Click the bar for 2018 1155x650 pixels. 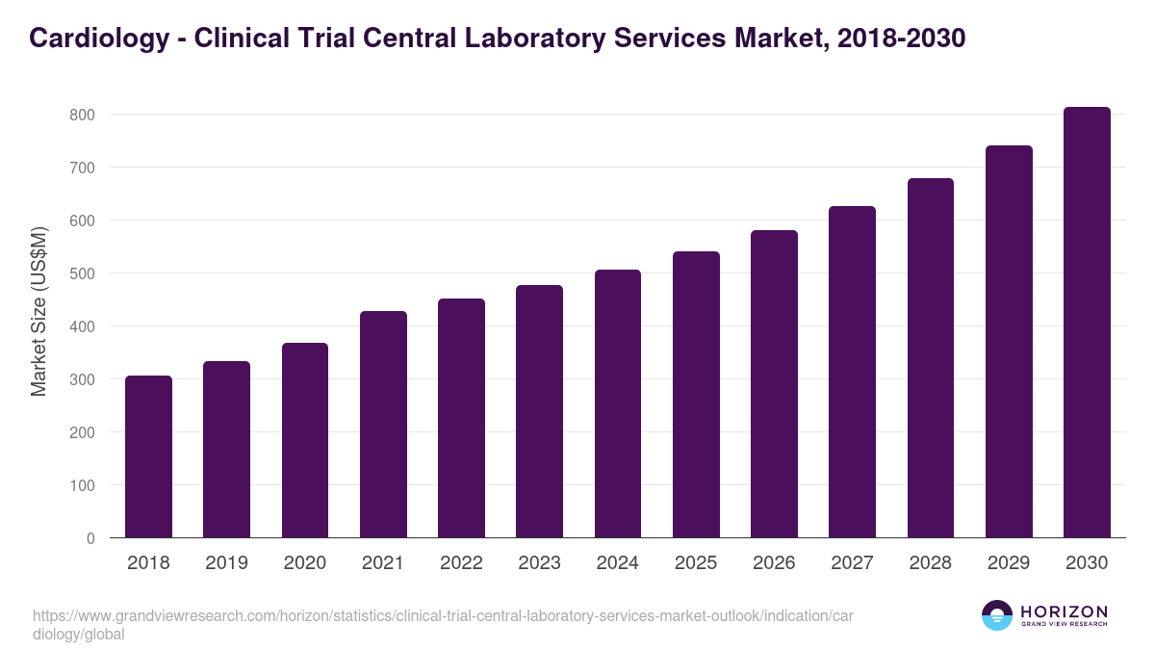pos(148,456)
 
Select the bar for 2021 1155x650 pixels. pos(383,425)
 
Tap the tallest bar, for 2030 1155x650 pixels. pos(1087,323)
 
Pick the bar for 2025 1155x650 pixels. pos(696,395)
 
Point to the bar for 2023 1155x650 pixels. pos(539,411)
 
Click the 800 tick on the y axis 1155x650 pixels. pos(83,115)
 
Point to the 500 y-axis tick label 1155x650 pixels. pos(83,273)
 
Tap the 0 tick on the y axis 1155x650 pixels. pos(90,538)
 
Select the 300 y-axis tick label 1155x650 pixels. pos(83,379)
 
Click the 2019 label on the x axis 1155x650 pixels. pos(226,563)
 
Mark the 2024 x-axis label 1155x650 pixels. pos(617,563)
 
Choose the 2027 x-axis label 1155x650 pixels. pos(852,563)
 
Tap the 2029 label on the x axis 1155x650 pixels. pos(1009,563)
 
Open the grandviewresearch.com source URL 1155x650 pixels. pos(442,625)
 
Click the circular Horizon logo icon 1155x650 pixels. pos(996,616)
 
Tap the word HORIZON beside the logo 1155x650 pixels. pos(1064,611)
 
